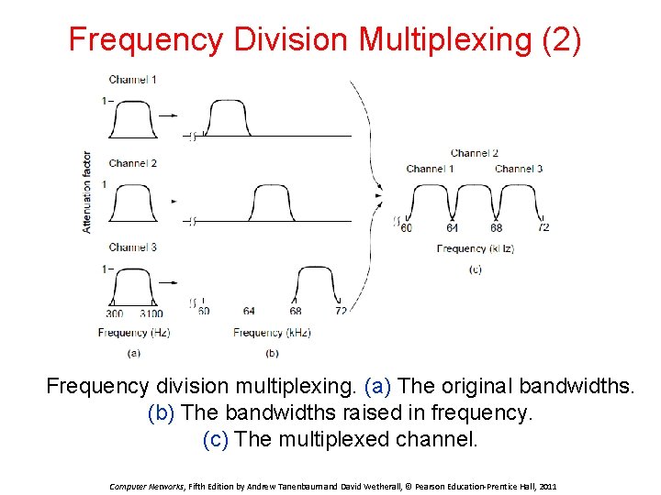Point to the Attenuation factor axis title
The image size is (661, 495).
pos(87,192)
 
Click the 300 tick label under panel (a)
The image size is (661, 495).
pos(115,313)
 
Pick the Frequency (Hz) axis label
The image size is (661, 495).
pos(134,333)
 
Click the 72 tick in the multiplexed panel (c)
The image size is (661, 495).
pos(544,227)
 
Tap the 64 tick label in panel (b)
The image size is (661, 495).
pos(249,312)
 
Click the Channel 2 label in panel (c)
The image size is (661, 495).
pos(475,153)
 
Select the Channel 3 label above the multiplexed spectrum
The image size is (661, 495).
pos(519,169)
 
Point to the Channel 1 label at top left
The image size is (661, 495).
pos(132,80)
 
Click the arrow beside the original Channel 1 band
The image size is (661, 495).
pos(169,115)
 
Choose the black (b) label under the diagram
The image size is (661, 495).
pos(273,353)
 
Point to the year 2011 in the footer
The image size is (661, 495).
pos(546,486)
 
